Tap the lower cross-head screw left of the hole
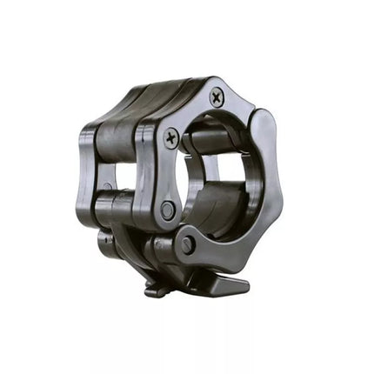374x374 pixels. pyautogui.click(x=171, y=137)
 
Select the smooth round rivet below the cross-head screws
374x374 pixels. pyautogui.click(x=167, y=210)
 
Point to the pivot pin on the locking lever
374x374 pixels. pyautogui.click(x=187, y=246)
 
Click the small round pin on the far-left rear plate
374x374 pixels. pyautogui.click(x=107, y=186)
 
